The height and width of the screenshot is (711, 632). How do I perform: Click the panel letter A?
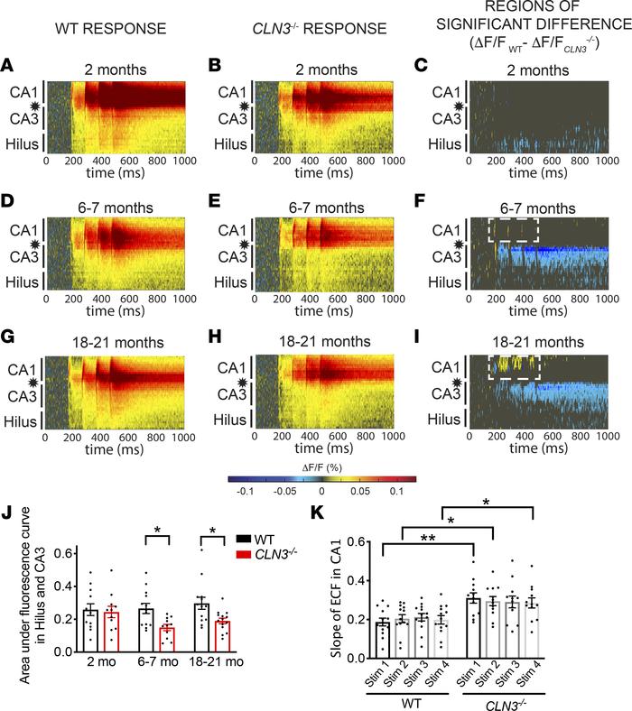coord(7,66)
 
